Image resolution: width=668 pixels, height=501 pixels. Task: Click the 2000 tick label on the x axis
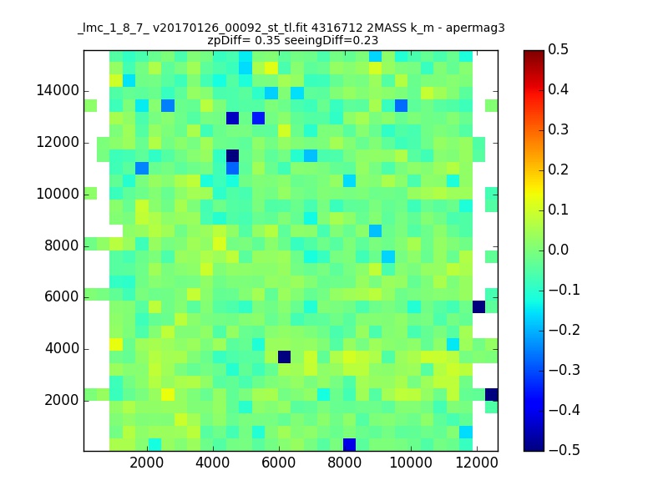point(147,463)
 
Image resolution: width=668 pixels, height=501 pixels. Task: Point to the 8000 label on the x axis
point(344,463)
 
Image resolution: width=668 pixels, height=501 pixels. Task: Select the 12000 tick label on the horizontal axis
point(477,463)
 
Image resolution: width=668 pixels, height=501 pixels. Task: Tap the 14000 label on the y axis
point(58,91)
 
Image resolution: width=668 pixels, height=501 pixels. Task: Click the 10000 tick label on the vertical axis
point(58,195)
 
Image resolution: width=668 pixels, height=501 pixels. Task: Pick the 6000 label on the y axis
point(62,297)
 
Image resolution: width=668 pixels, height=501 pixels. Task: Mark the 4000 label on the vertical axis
point(62,349)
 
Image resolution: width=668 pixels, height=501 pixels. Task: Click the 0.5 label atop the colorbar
point(558,50)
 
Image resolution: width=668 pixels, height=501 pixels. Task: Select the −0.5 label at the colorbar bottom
point(564,450)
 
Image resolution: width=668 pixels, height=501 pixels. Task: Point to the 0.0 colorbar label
point(558,250)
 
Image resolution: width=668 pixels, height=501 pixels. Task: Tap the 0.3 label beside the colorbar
point(558,130)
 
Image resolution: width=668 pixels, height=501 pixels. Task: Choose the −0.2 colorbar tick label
point(564,330)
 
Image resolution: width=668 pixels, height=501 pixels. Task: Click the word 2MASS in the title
point(387,28)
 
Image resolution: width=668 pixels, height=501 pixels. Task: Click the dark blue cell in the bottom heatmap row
point(349,444)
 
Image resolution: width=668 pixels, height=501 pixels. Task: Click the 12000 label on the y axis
point(58,142)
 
